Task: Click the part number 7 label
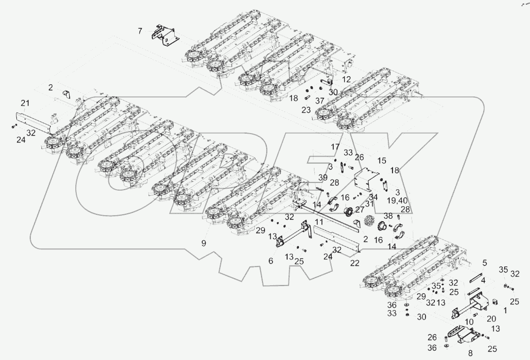(x=140, y=32)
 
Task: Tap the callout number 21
(x=25, y=104)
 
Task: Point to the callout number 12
(x=346, y=79)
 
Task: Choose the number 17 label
(x=335, y=147)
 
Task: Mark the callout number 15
(x=381, y=160)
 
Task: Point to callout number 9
(x=204, y=243)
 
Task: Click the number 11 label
(x=319, y=221)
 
